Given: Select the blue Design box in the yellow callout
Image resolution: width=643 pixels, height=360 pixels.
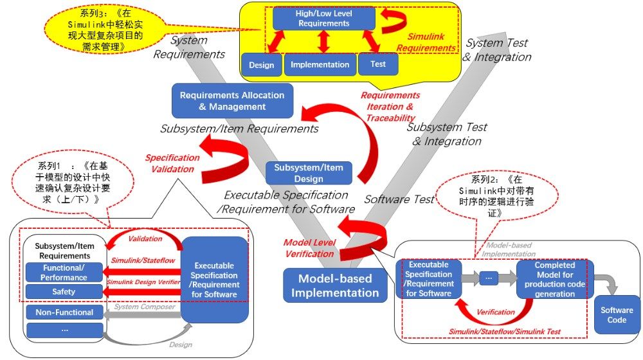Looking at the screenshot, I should (x=261, y=65).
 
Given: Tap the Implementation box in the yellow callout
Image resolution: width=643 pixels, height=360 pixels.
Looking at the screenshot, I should (x=320, y=64).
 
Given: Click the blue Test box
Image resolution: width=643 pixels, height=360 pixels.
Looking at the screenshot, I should (x=378, y=64).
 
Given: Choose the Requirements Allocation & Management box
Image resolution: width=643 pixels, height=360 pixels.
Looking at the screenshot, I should (x=232, y=100).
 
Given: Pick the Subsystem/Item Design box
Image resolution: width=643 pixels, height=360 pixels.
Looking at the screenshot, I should (x=309, y=173).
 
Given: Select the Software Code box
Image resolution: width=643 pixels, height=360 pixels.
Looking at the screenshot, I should (x=617, y=314).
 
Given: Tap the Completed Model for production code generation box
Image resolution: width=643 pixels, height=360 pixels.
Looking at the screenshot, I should (x=554, y=279).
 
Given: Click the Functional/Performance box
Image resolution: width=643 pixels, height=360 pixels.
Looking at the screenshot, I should (x=64, y=273).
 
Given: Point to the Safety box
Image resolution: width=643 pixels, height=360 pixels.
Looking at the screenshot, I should (x=64, y=292).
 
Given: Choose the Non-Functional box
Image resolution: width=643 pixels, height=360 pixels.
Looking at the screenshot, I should (x=64, y=312).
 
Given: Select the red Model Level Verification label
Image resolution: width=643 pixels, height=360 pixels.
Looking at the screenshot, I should (x=309, y=248).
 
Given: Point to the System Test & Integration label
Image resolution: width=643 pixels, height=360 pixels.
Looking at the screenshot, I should (x=497, y=50).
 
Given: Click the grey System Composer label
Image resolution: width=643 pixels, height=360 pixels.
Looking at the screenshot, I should (x=144, y=307).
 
